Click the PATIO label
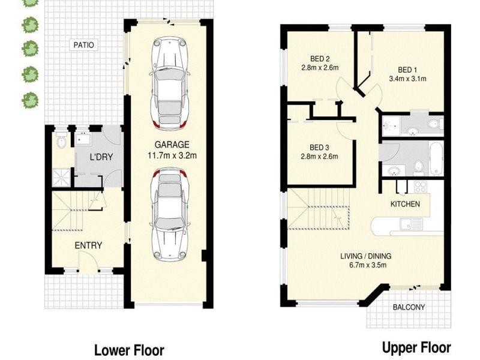coord(83,45)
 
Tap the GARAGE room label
coord(172,145)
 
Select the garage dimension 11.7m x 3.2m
coord(172,155)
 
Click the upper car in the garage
coord(170,83)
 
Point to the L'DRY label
coord(101,158)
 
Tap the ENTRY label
coord(88,245)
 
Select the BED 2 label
coord(320,59)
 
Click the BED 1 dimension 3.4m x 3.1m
coord(407,78)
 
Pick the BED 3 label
coord(320,148)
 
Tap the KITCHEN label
coord(405,204)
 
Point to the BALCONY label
coord(409,307)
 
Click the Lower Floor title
coord(128,350)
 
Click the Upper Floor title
coord(416,347)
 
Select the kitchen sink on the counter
coord(412,225)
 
